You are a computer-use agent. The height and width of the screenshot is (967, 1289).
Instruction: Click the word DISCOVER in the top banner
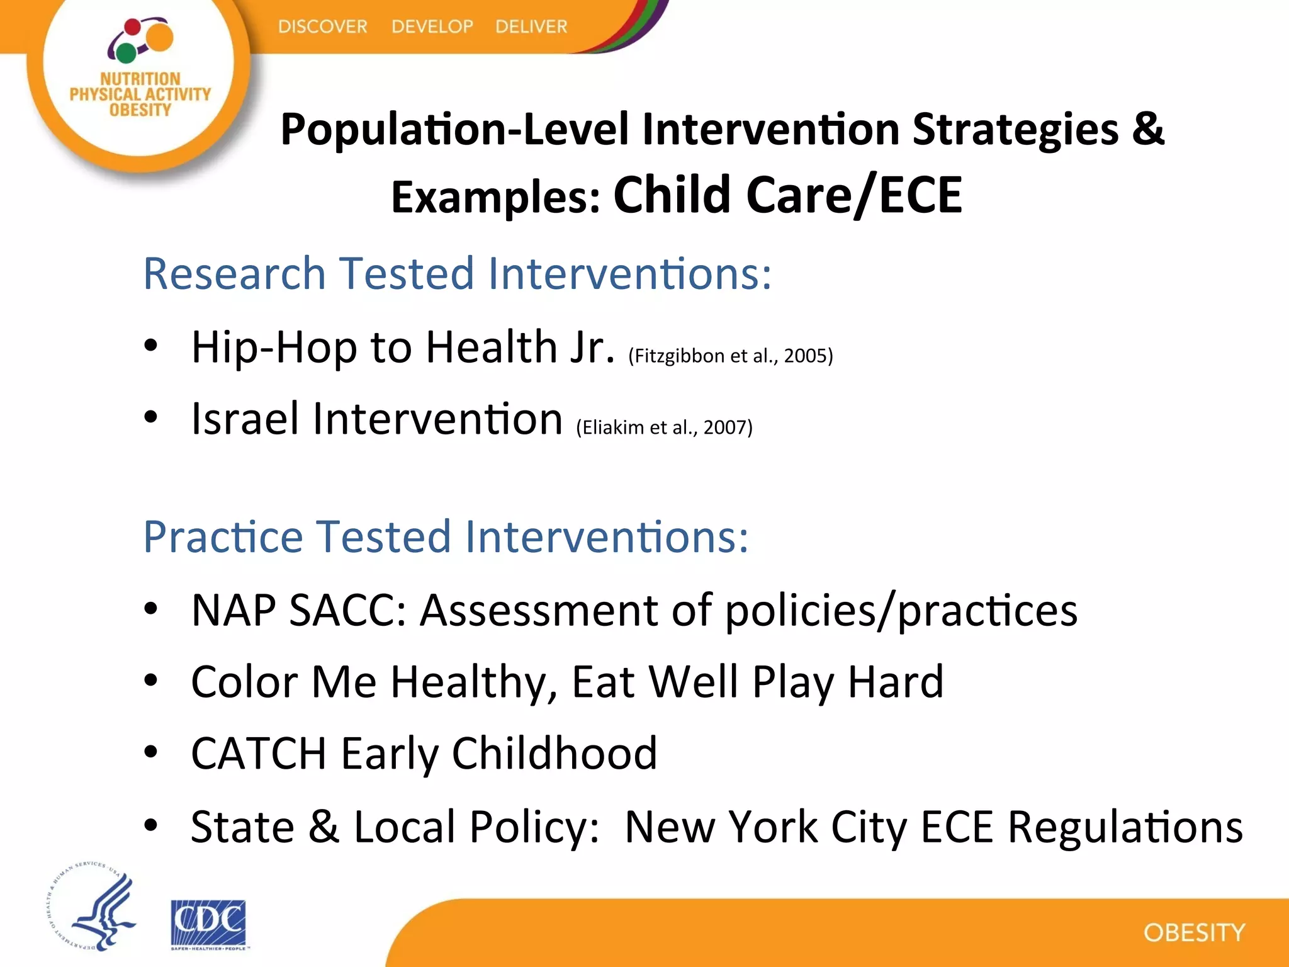[322, 26]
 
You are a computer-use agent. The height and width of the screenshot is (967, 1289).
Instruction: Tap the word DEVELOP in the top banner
[432, 26]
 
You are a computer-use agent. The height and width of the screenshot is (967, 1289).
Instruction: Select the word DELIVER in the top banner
[531, 26]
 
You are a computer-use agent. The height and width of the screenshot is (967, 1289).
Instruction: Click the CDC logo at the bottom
[208, 923]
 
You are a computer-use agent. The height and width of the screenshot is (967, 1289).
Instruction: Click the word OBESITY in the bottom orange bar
[1194, 932]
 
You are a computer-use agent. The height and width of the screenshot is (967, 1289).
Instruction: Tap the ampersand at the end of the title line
[1149, 129]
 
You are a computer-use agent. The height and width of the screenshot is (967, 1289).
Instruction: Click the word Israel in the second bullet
[245, 419]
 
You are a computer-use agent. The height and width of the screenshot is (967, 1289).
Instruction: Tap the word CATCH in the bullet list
[258, 753]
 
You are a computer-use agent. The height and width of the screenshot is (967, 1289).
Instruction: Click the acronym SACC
[347, 610]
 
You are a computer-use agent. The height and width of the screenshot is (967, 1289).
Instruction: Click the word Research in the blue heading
[234, 274]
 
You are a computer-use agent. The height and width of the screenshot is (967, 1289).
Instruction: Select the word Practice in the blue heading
[223, 537]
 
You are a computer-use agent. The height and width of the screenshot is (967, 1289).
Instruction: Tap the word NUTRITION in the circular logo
[140, 79]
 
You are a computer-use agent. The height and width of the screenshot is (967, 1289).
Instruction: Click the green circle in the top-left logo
[126, 53]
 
